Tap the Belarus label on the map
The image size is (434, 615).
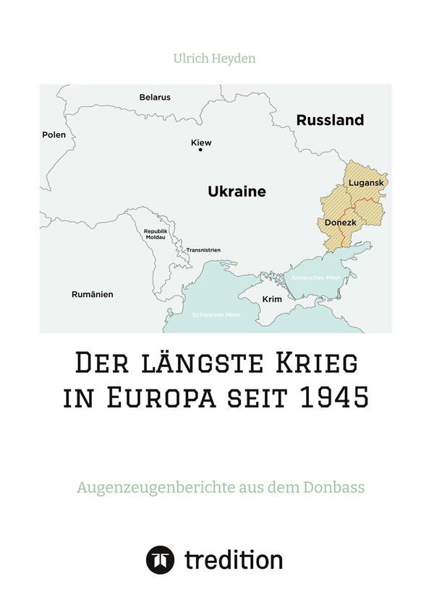[x=155, y=97]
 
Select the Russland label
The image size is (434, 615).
[x=330, y=121]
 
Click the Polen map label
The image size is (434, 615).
[x=54, y=135]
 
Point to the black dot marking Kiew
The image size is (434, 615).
[x=200, y=150]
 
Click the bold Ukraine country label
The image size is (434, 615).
[x=237, y=192]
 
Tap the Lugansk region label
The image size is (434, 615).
[x=366, y=183]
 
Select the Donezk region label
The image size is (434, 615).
[x=339, y=223]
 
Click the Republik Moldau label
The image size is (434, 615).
[x=155, y=233]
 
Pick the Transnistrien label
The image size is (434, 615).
[x=203, y=250]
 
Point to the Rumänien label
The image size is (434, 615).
[x=92, y=295]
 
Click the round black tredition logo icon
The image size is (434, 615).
[x=160, y=559]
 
